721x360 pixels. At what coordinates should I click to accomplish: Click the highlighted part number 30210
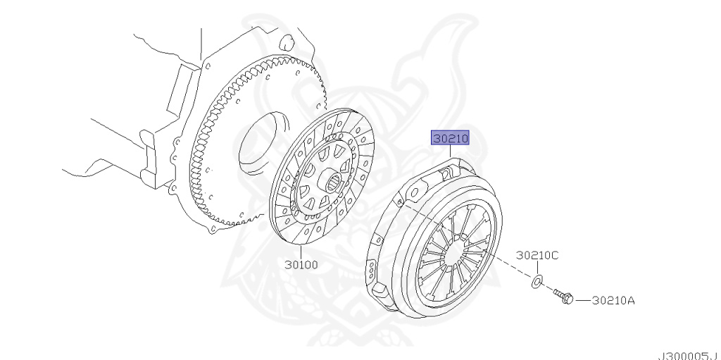click(x=451, y=139)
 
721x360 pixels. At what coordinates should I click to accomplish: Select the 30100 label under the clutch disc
click(x=301, y=266)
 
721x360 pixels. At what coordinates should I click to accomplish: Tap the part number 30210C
click(x=537, y=255)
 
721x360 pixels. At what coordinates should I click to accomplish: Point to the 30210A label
click(x=612, y=300)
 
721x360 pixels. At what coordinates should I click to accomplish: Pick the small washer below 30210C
click(x=535, y=283)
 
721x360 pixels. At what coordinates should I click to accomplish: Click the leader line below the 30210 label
click(x=451, y=154)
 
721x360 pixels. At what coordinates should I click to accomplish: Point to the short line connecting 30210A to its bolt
click(x=582, y=300)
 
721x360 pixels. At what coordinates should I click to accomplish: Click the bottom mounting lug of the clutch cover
click(x=380, y=290)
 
